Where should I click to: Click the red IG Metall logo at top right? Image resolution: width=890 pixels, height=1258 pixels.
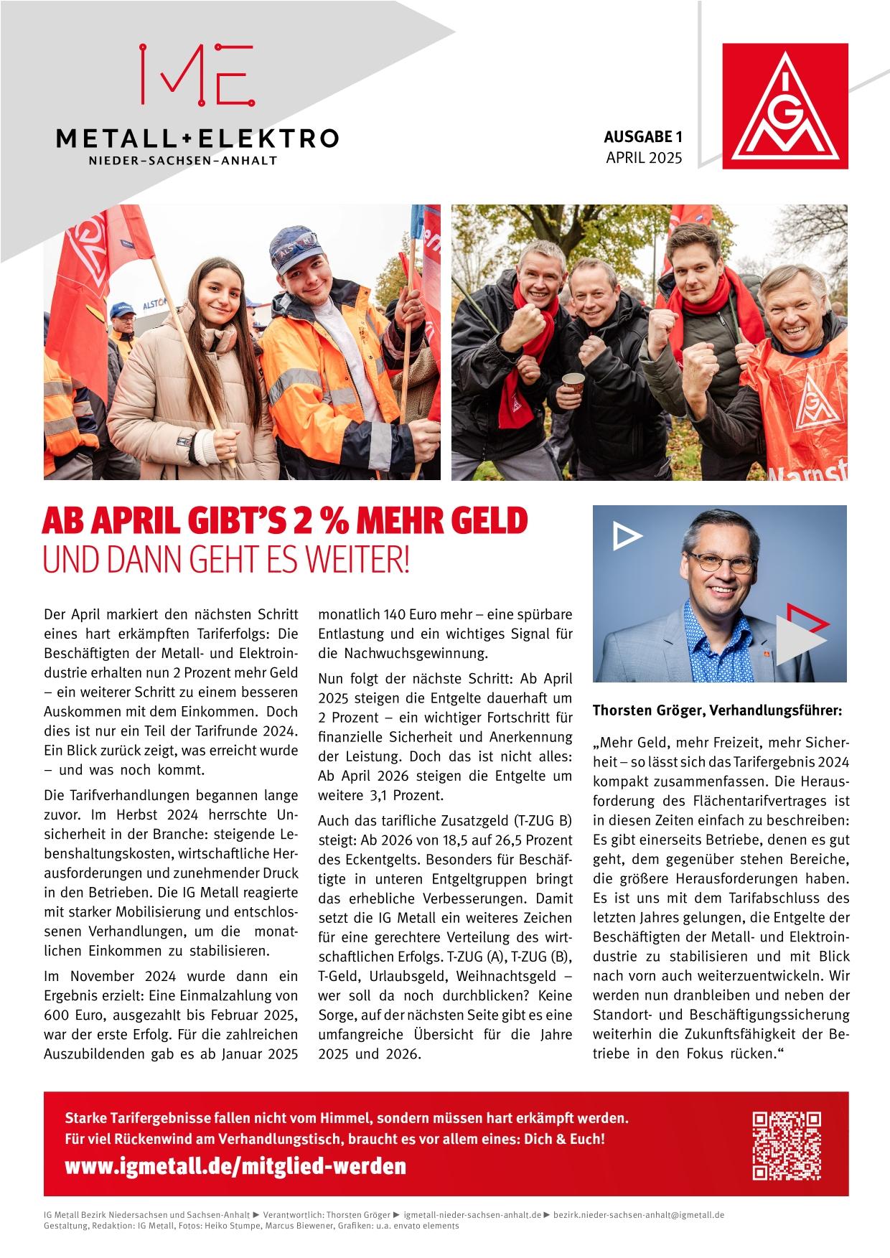[784, 106]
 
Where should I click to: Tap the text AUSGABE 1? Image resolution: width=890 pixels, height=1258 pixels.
[642, 136]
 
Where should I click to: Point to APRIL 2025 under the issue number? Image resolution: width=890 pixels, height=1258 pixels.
[644, 158]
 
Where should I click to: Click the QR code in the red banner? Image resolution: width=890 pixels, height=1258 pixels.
[787, 1145]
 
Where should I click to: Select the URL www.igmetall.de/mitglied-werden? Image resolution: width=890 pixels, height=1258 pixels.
[235, 1166]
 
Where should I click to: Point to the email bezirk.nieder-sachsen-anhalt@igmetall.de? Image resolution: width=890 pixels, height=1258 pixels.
[639, 1215]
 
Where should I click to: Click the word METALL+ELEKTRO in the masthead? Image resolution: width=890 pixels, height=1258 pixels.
[197, 138]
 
